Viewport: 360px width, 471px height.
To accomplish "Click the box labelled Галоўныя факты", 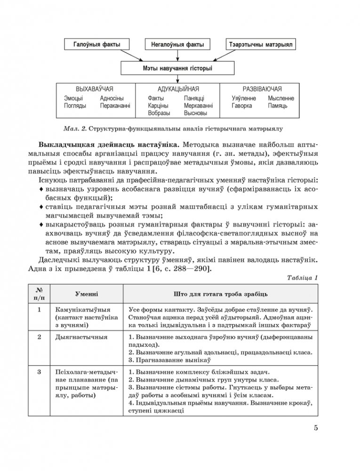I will click(96, 45).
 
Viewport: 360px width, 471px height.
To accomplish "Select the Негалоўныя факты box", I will click(177, 45).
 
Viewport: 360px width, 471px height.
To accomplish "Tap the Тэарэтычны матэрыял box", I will click(260, 45).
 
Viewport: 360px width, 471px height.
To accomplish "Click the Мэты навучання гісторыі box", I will click(177, 69).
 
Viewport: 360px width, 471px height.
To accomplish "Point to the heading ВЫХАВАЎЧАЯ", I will click(95, 88).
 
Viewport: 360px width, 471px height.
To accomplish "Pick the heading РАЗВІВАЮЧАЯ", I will click(262, 88).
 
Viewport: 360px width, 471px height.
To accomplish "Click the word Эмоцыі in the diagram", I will click(73, 98).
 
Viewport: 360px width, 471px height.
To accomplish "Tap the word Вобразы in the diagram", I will click(159, 113).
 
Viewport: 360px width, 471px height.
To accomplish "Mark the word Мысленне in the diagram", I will click(281, 98).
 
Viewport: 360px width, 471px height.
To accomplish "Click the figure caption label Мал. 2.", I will click(74, 128).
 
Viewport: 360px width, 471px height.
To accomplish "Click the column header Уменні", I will click(87, 294).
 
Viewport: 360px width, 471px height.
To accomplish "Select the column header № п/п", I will click(40, 294).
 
